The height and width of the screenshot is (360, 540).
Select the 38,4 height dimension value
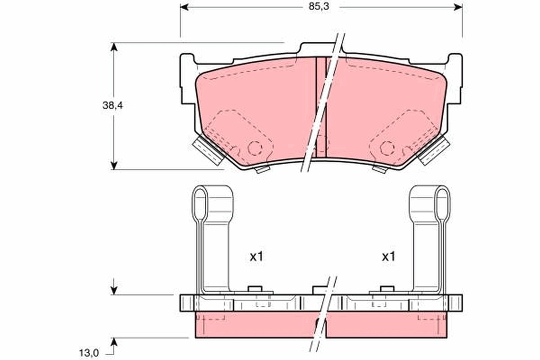[x=113, y=106]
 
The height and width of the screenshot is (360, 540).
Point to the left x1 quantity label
[x=256, y=257]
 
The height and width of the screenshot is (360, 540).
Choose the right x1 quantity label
[x=388, y=257]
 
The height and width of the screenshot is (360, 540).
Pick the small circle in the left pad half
[x=255, y=148]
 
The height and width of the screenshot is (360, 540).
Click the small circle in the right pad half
[x=387, y=148]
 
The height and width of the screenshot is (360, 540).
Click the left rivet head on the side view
[x=255, y=289]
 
